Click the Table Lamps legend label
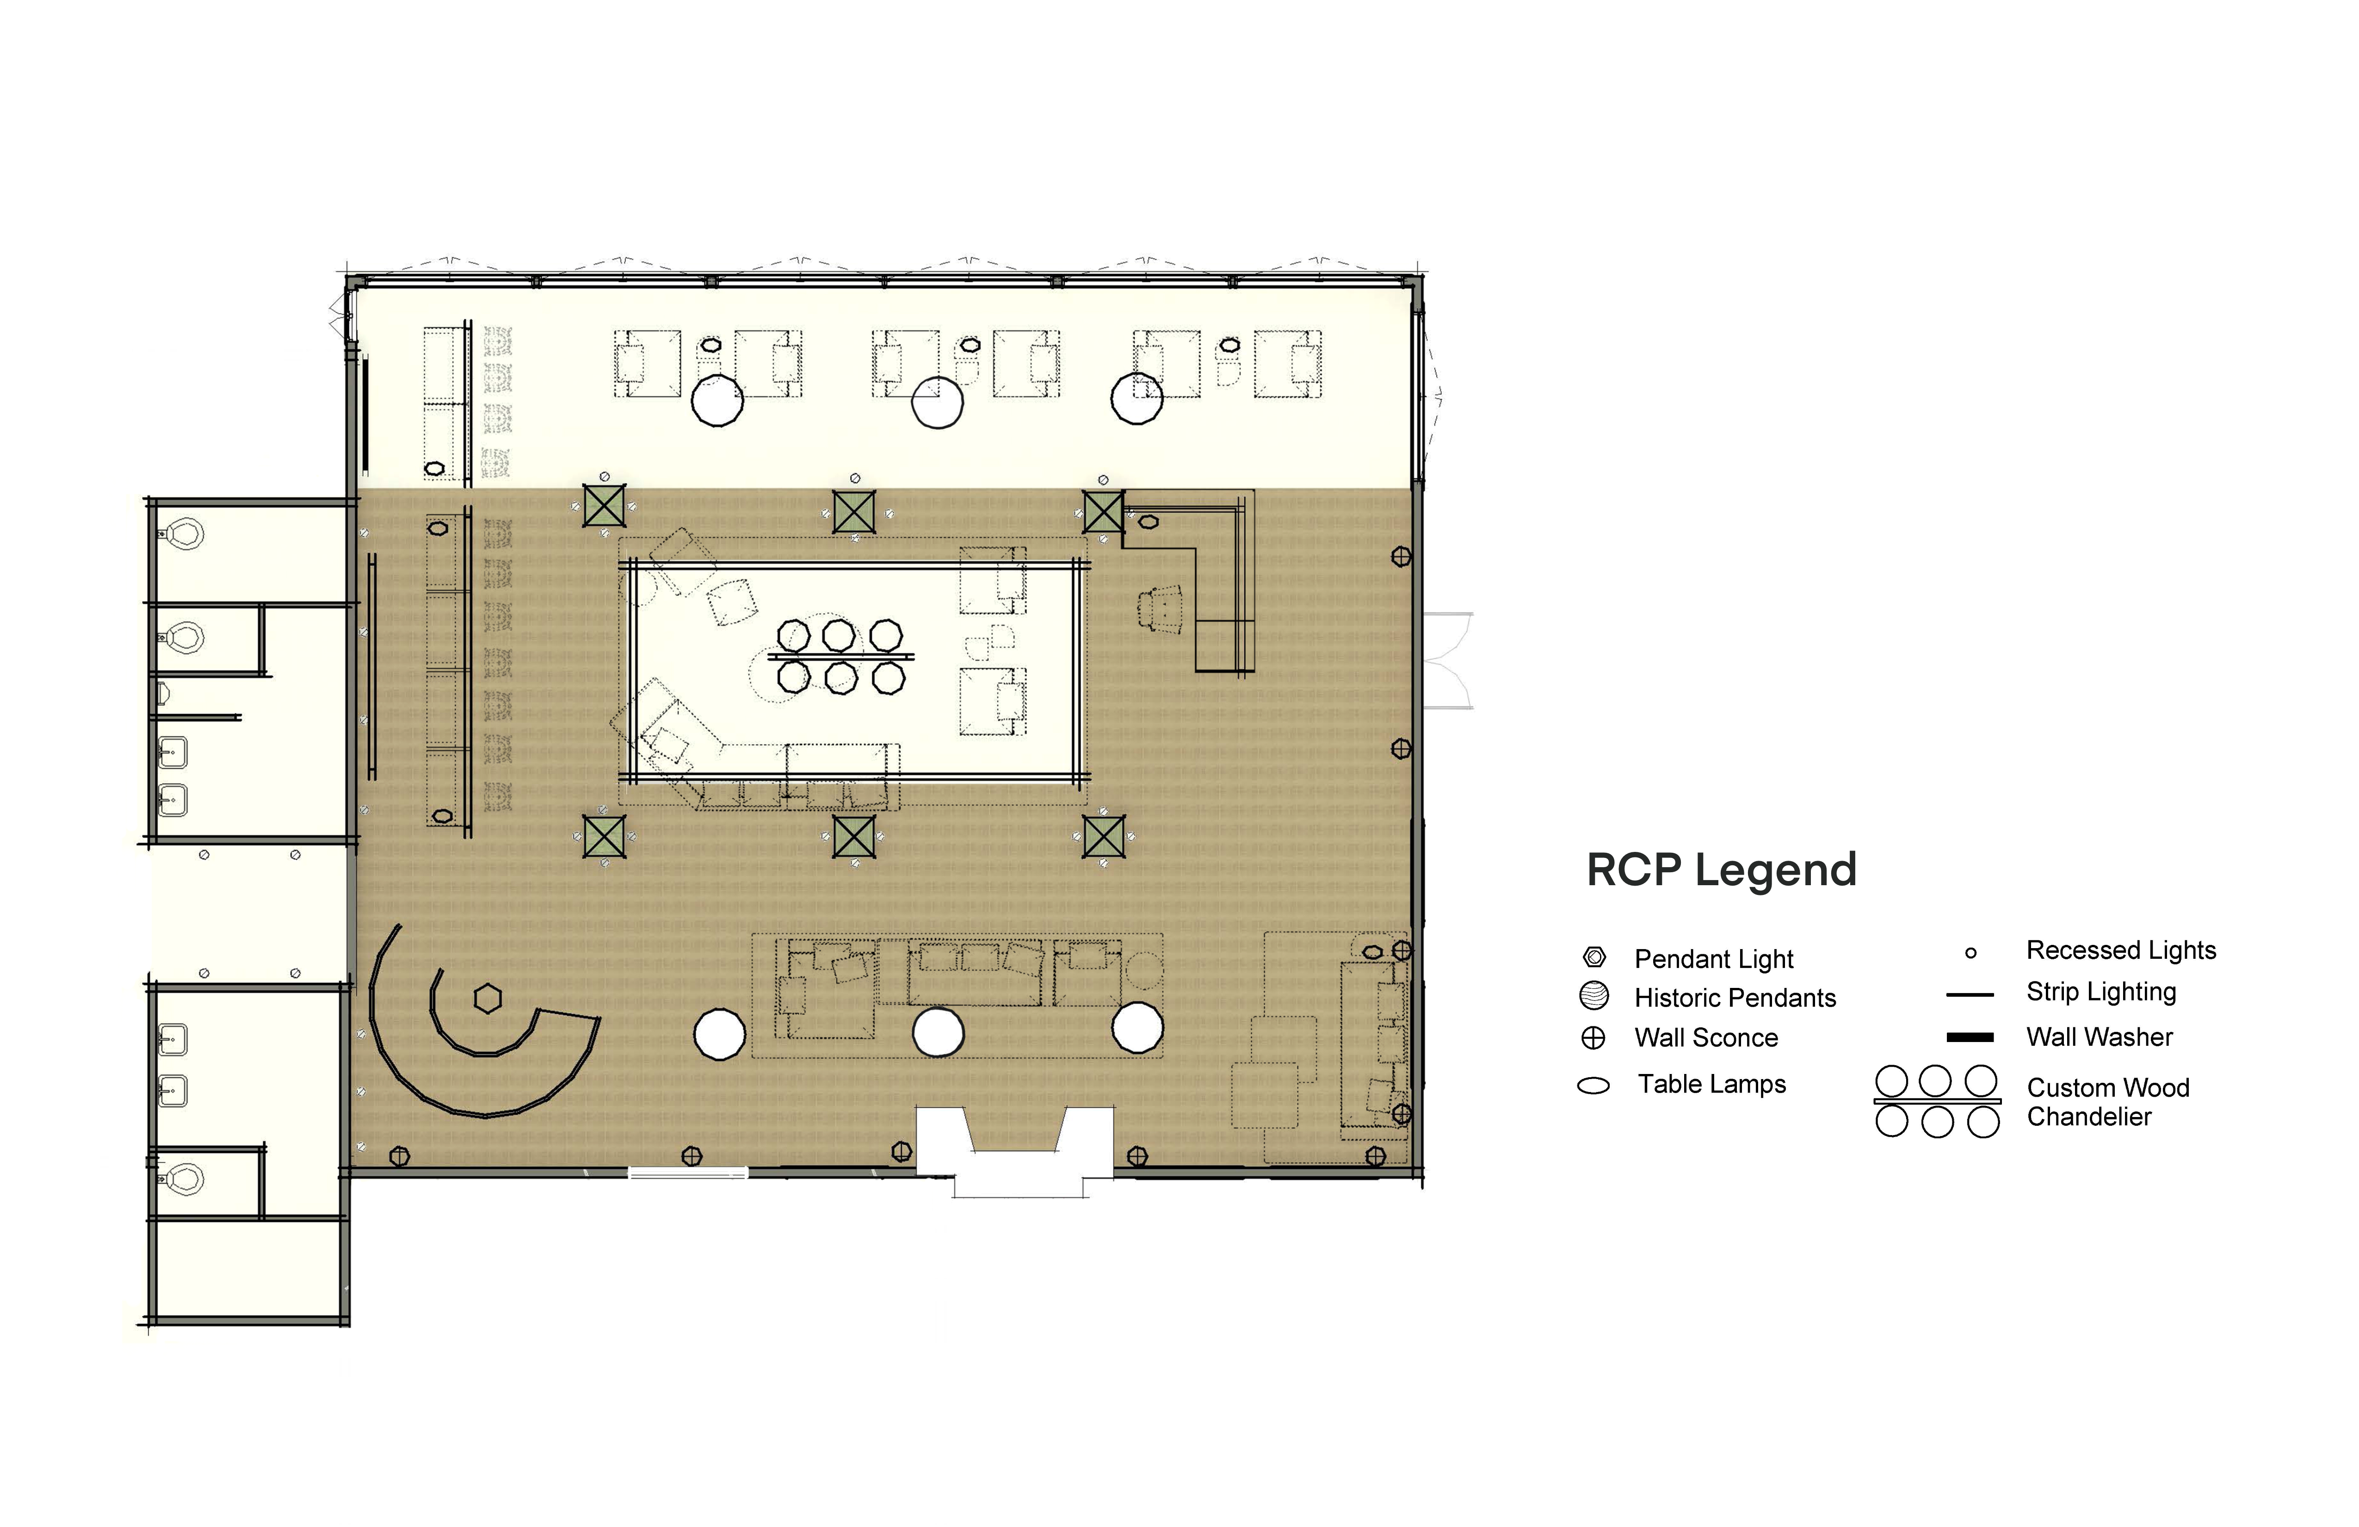tap(1712, 1084)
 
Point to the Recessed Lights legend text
tap(2121, 950)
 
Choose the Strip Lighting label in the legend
tap(2101, 992)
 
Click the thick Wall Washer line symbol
tap(1970, 1037)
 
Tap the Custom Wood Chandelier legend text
tap(2108, 1102)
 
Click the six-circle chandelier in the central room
tap(840, 655)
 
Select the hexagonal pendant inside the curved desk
tap(488, 999)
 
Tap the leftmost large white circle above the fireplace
tap(720, 1034)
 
